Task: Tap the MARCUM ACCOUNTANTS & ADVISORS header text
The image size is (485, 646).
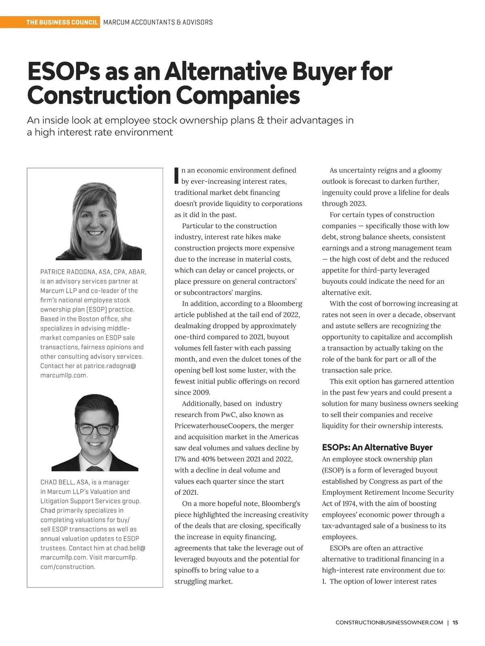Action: (158, 22)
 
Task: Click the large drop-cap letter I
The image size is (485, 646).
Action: (176, 175)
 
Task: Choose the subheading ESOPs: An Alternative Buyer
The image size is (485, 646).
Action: (377, 447)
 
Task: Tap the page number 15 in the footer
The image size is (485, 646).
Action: (455, 623)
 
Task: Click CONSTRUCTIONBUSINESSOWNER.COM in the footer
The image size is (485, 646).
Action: (389, 623)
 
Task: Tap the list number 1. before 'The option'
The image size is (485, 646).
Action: (324, 581)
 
